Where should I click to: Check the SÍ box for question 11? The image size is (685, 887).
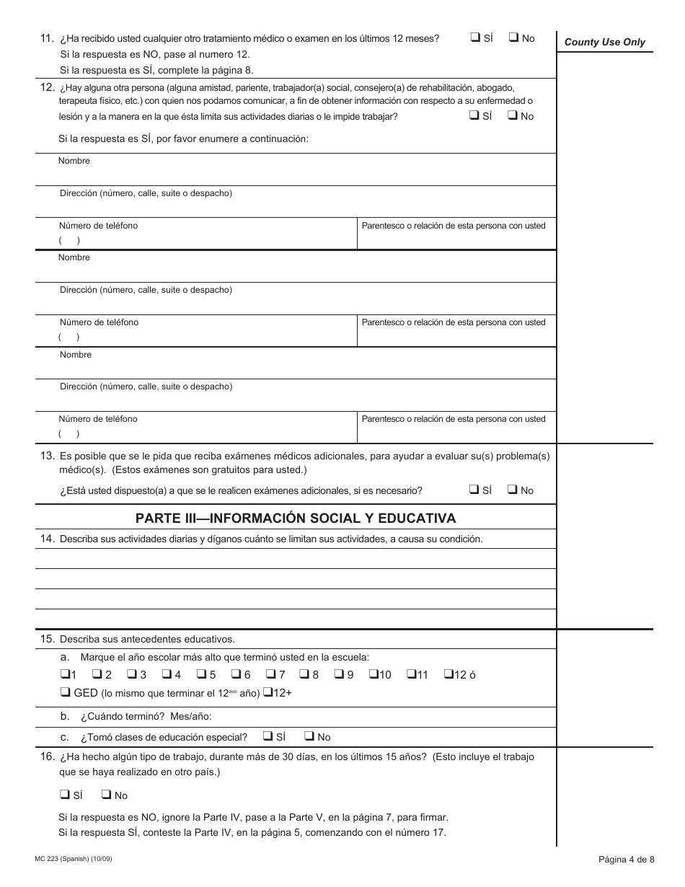(x=475, y=38)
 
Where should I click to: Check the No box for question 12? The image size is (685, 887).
(x=513, y=115)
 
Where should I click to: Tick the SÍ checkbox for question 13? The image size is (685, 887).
(x=474, y=490)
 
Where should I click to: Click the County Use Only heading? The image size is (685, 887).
(x=604, y=42)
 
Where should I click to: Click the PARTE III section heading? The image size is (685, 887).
(x=296, y=518)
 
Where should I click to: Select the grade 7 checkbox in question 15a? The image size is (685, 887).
(x=271, y=675)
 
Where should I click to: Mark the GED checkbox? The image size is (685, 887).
(x=65, y=693)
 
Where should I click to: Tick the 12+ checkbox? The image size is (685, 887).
(x=267, y=693)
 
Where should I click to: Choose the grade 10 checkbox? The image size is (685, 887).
(x=374, y=675)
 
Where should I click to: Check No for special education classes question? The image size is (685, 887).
(x=309, y=736)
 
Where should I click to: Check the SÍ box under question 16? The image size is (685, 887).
(x=65, y=795)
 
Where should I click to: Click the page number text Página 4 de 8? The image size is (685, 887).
(x=626, y=859)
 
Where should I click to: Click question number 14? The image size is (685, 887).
(x=48, y=539)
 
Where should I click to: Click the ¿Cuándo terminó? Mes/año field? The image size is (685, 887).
(x=361, y=716)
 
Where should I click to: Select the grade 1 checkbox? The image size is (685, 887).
(x=65, y=675)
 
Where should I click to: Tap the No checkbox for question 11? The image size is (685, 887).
(x=514, y=38)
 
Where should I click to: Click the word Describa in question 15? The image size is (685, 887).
(x=79, y=639)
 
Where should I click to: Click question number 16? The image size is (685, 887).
(x=48, y=756)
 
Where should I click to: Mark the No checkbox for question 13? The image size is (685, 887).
(x=513, y=490)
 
